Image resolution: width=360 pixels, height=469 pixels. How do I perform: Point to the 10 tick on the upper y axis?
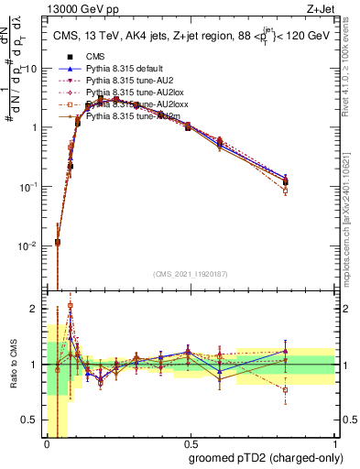34,69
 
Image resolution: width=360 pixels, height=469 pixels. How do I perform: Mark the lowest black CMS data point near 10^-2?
58,243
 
